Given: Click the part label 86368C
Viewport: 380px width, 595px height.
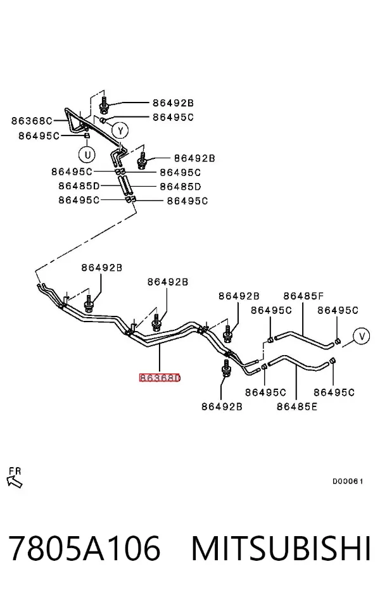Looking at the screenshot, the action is [32, 121].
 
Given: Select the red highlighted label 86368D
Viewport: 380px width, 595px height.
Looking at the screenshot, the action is [160, 378].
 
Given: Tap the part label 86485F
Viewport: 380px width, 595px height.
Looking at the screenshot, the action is [304, 296].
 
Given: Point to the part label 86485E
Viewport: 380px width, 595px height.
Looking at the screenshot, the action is [297, 407].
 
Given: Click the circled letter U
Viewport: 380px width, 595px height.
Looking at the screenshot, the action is [87, 155].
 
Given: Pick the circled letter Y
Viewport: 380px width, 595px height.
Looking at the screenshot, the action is [120, 131].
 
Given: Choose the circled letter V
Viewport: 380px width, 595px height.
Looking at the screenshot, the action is [361, 336].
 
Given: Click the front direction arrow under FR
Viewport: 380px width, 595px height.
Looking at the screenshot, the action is [15, 482].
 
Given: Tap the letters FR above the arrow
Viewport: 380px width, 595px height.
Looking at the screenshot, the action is [15, 471].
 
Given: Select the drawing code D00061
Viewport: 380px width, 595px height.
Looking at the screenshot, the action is [348, 482].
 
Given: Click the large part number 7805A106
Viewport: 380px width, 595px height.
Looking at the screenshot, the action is [84, 548].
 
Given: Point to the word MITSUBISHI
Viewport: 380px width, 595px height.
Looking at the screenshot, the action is [281, 548].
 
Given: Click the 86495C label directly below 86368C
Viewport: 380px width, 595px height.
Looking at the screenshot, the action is [39, 135].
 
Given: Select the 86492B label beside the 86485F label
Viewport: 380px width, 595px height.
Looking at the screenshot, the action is [239, 296].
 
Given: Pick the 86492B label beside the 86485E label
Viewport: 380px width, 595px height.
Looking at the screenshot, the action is [222, 407].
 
